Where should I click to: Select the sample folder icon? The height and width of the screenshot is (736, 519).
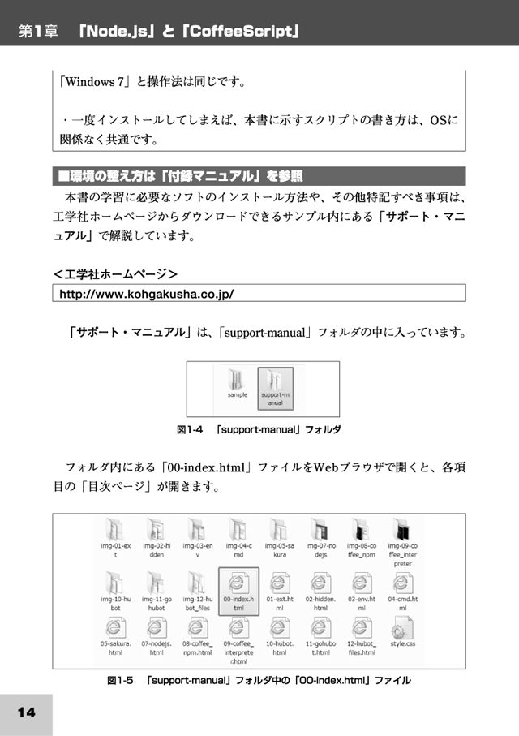[237, 379]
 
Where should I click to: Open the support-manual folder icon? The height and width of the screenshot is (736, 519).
[276, 379]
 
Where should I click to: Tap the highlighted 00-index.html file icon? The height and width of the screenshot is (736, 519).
[238, 583]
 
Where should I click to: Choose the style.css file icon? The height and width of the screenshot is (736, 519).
[402, 628]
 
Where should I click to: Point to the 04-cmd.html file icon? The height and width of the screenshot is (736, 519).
[402, 583]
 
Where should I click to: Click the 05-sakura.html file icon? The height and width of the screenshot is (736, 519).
[115, 628]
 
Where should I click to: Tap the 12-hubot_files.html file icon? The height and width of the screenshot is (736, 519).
[362, 628]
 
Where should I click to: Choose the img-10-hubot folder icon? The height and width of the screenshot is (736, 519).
[115, 583]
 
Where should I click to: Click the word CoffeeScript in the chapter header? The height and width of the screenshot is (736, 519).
[242, 32]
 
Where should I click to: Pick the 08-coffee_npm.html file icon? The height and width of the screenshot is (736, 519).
[197, 628]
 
